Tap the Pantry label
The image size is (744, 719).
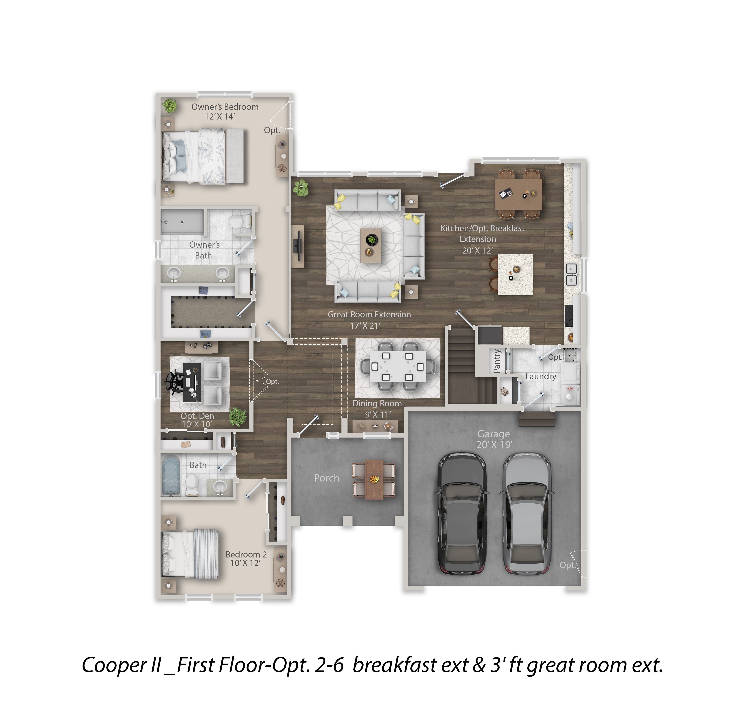497,361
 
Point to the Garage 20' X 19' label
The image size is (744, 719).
494,439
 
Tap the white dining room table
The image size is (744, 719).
397,367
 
